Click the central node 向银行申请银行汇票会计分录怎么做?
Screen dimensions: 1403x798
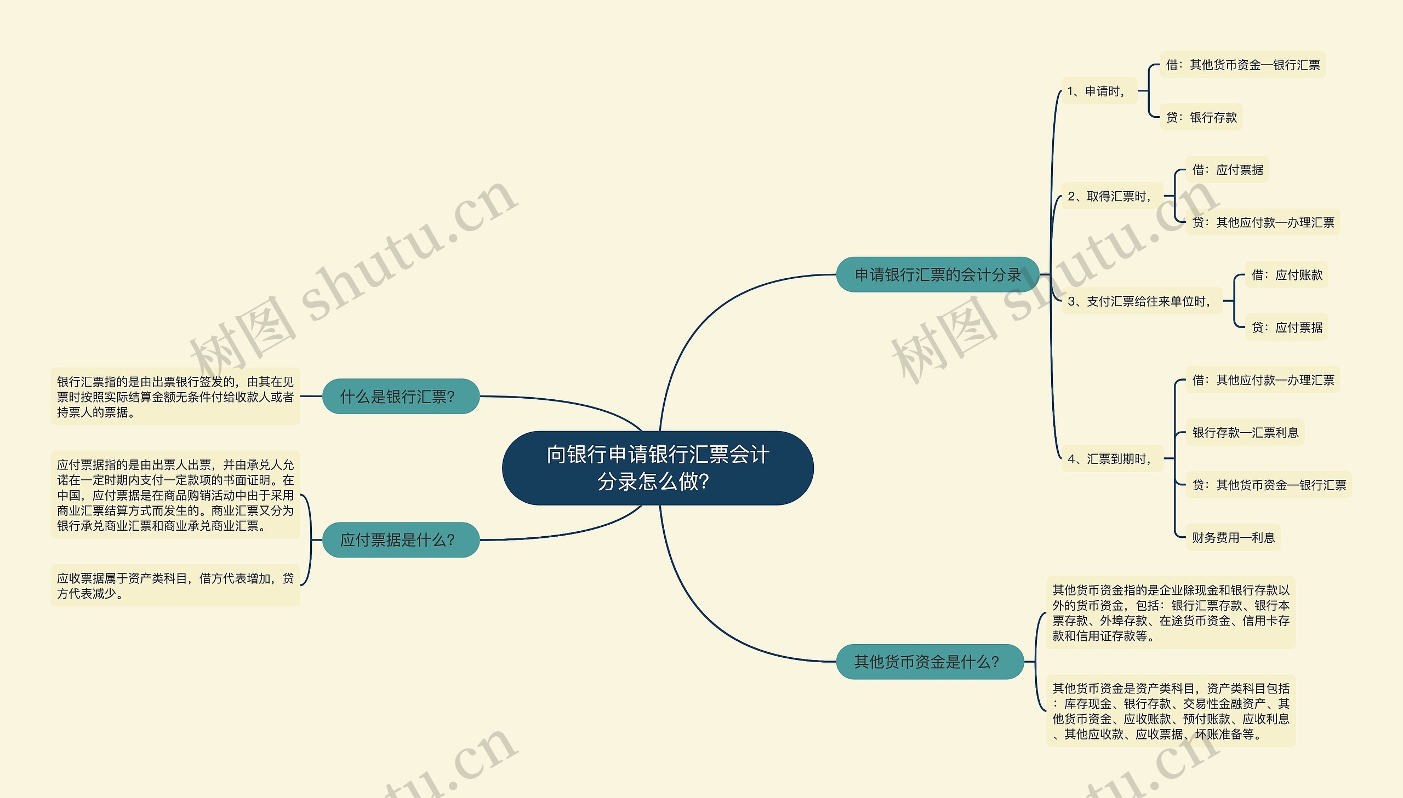click(x=657, y=468)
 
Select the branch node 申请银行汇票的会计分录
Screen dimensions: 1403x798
click(x=937, y=274)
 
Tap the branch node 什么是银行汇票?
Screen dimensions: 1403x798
click(x=400, y=396)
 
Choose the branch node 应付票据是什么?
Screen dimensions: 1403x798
click(x=400, y=540)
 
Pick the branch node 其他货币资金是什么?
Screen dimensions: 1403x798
click(x=929, y=662)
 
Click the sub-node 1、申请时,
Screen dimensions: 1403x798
click(x=1098, y=91)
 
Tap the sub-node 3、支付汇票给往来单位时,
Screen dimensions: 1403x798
click(x=1141, y=301)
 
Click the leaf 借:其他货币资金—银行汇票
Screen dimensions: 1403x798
click(x=1242, y=65)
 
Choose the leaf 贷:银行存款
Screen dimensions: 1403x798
click(x=1201, y=117)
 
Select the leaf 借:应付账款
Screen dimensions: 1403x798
click(x=1286, y=275)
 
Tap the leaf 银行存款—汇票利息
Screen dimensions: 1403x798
click(x=1245, y=433)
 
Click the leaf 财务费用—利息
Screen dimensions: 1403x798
click(x=1233, y=538)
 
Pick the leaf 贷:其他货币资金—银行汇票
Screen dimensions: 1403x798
click(x=1269, y=485)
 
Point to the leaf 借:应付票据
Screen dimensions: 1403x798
click(x=1227, y=170)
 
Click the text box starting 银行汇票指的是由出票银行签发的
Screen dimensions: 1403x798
click(x=175, y=396)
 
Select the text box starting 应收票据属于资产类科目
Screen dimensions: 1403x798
click(x=175, y=585)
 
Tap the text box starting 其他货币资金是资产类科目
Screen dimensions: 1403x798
click(x=1171, y=711)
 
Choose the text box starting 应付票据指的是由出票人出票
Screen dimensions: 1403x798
click(x=175, y=495)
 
